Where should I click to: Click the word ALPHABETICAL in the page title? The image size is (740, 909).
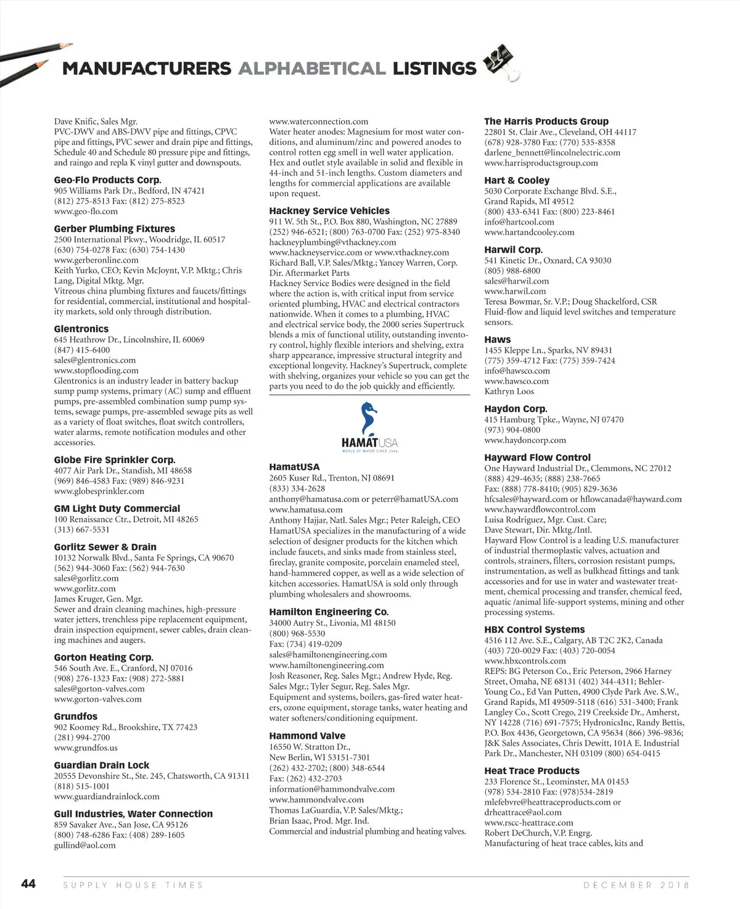[x=312, y=68]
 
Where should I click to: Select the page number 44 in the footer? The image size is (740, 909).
[x=28, y=884]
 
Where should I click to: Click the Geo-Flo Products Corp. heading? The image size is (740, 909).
[x=107, y=180]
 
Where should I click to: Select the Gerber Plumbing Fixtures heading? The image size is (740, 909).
[x=114, y=229]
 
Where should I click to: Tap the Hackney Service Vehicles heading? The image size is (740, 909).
[x=329, y=211]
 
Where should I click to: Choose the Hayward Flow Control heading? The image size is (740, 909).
[x=537, y=458]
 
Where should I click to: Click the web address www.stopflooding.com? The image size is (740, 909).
[x=96, y=371]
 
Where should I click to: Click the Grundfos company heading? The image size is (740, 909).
[x=75, y=717]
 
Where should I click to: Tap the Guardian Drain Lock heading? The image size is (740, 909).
[x=102, y=765]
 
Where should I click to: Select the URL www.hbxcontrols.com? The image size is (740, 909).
[x=525, y=660]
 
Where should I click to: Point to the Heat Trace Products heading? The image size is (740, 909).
[x=532, y=771]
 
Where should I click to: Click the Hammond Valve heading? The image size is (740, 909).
[x=307, y=736]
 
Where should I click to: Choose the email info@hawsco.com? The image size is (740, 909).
[x=517, y=371]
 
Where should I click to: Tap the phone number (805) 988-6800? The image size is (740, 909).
[x=512, y=271]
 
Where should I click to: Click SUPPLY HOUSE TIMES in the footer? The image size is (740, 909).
[x=133, y=884]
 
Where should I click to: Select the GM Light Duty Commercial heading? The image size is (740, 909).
[x=117, y=509]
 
